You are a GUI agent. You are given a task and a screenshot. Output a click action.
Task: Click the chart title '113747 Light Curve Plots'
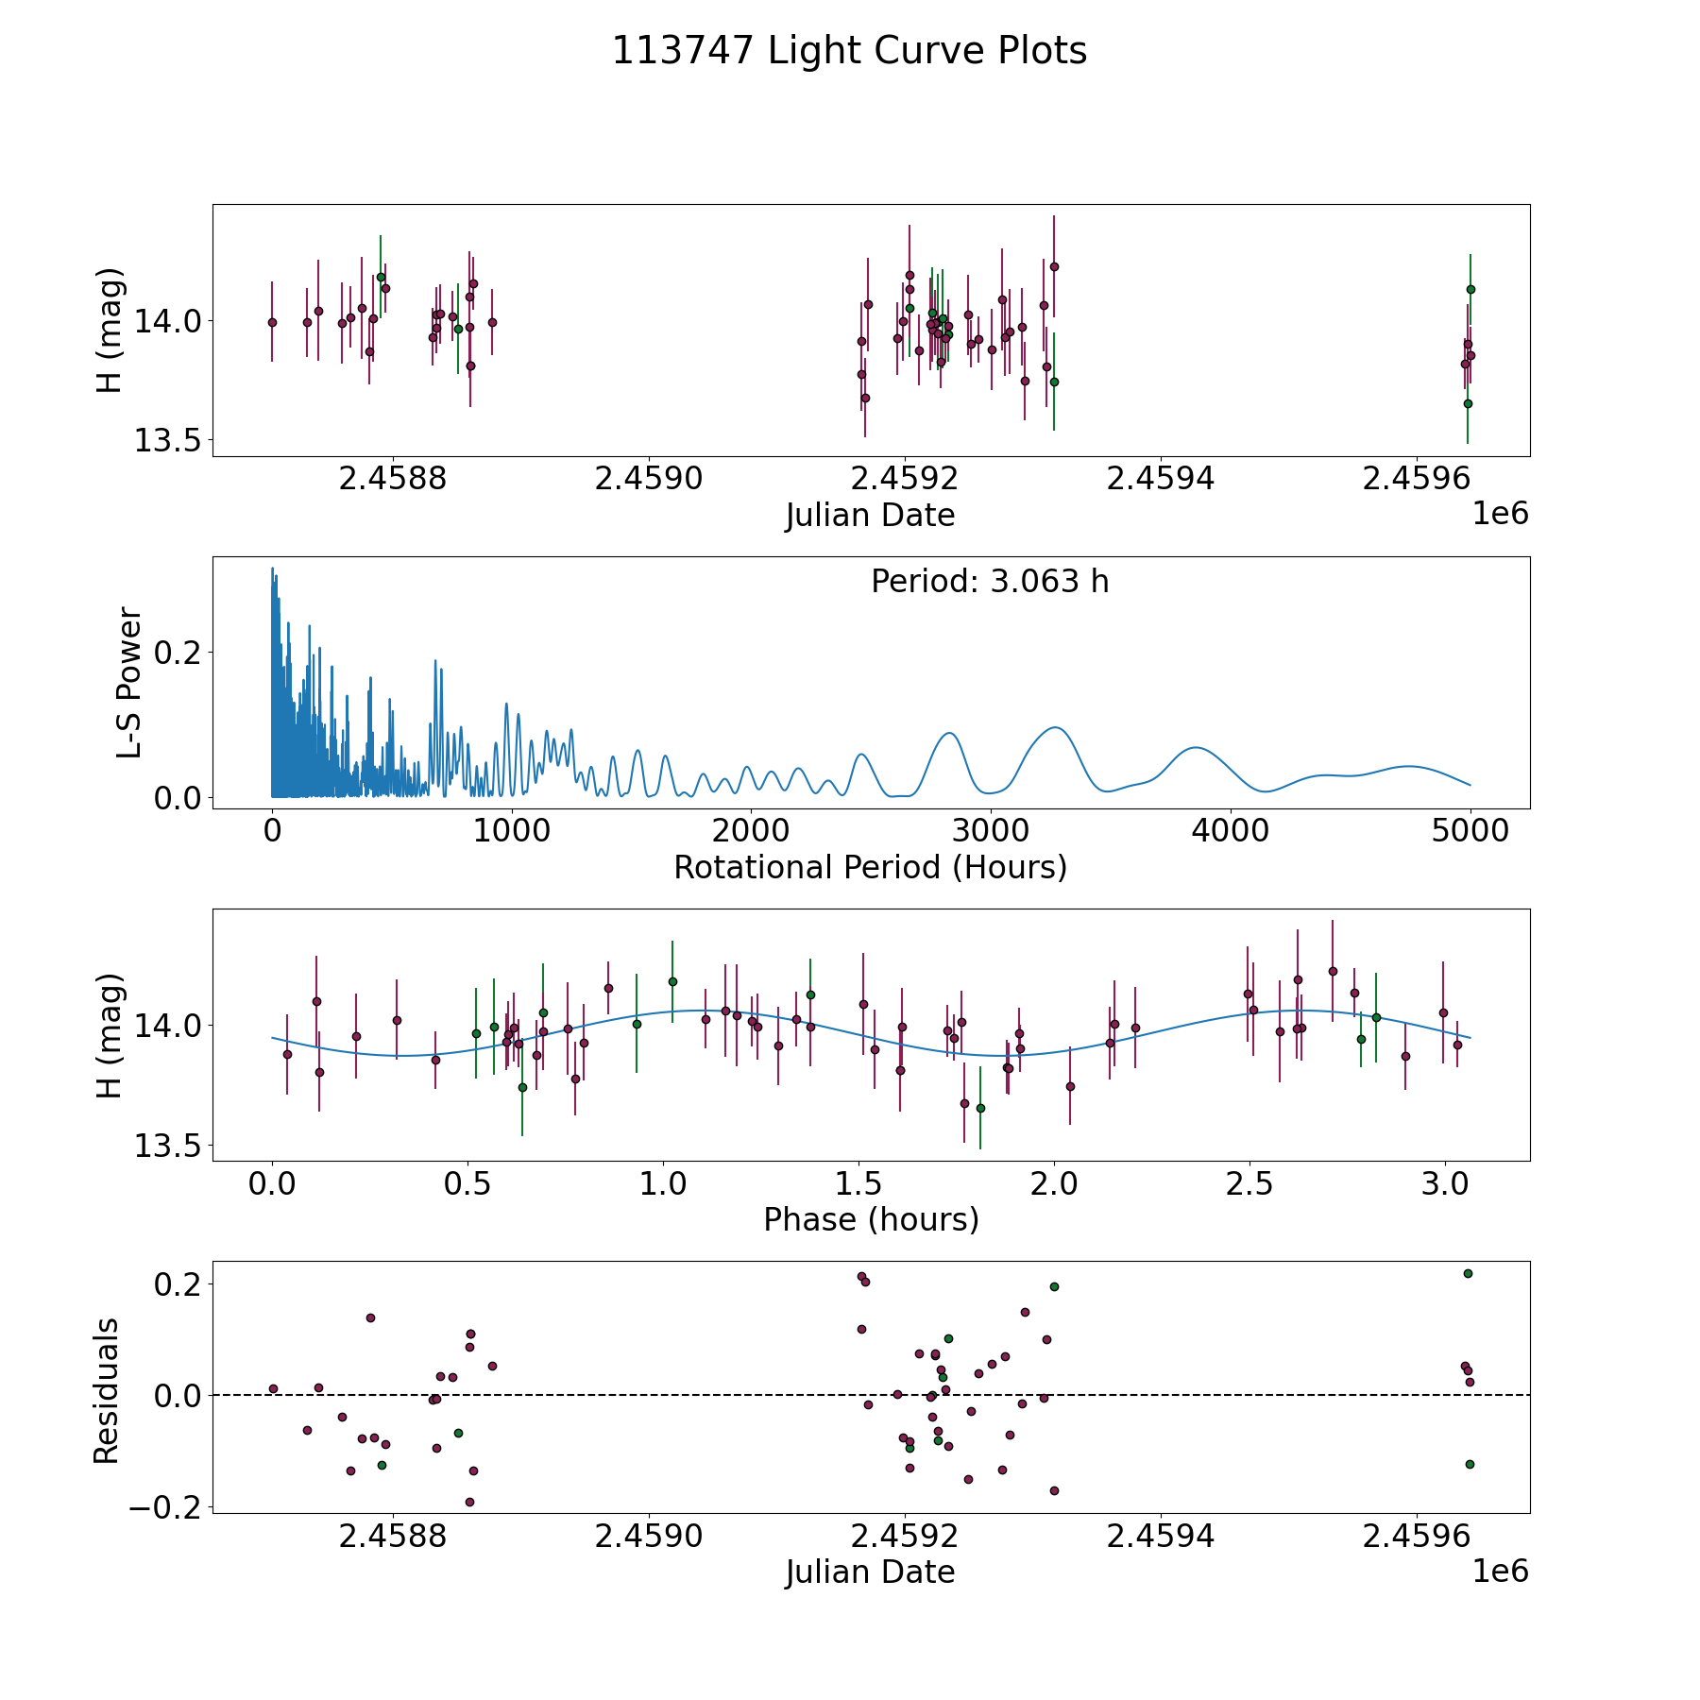849,51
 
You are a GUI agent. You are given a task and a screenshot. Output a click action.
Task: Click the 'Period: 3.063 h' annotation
990,582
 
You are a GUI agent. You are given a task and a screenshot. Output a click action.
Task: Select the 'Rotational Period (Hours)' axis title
870,867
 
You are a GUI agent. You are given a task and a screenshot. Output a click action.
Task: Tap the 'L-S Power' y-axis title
129,683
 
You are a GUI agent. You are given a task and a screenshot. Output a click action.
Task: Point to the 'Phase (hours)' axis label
870,1219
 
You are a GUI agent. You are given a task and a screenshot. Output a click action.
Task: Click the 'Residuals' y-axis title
107,1390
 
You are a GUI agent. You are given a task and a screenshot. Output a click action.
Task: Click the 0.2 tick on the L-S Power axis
179,652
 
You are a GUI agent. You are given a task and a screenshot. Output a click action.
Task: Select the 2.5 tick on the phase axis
1249,1184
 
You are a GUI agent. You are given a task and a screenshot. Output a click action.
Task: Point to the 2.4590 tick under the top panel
649,480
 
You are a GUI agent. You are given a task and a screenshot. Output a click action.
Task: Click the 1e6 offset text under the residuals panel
1500,1572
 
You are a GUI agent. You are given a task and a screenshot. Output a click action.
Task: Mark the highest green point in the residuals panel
1468,1273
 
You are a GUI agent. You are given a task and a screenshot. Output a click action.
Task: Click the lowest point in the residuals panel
469,1502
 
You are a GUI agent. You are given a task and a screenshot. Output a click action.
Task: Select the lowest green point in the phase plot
980,1108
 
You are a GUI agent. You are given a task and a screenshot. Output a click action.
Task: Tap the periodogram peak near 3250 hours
1055,727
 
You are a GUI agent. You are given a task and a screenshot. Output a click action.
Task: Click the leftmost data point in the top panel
272,322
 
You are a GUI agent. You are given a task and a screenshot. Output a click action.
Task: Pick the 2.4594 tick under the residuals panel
1160,1537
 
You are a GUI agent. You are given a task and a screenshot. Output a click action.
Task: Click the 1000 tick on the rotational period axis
512,832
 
